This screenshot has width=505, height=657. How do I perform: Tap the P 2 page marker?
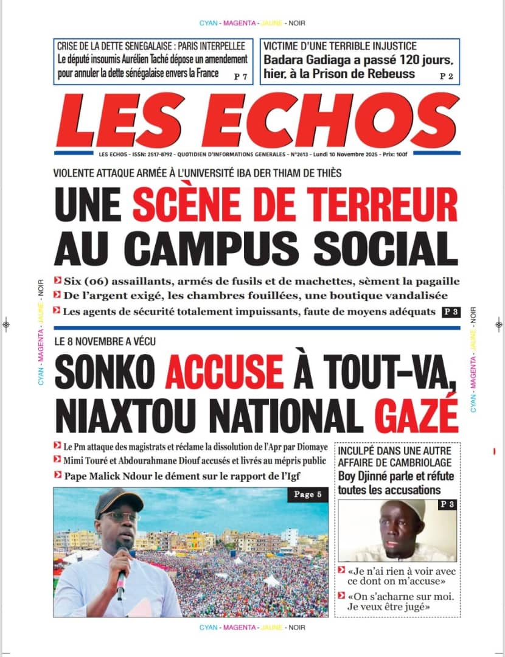[447, 76]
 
